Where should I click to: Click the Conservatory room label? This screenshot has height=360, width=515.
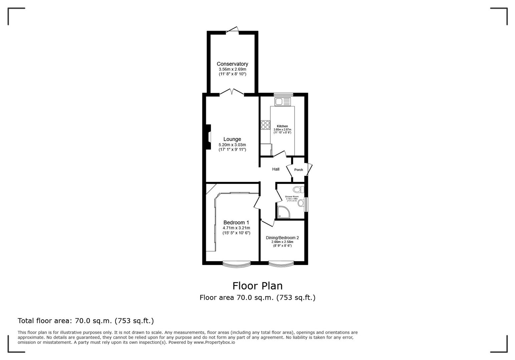coord(232,64)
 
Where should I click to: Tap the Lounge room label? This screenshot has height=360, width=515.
coord(232,139)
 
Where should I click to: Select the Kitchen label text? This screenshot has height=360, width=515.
coord(282,126)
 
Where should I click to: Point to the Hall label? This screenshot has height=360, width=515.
coord(276,169)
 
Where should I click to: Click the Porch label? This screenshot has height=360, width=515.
coord(299,170)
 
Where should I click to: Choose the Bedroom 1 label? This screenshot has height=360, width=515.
coord(236,222)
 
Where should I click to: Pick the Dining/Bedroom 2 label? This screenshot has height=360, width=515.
coord(282,238)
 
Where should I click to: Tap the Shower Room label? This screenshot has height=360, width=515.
coord(292,197)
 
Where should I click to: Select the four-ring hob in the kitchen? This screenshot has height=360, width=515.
coord(266,125)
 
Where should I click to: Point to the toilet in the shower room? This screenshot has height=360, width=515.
coord(298,190)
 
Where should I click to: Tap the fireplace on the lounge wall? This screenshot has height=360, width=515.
coord(208,137)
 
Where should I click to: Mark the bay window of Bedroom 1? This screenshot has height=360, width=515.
coord(236,265)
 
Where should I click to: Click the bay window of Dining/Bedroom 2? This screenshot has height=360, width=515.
coord(281,265)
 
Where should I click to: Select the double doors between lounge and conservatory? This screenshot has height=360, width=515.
coord(232,92)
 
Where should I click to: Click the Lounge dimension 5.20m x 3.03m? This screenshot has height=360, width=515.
coord(232,145)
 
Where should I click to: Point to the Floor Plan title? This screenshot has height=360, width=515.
coord(257,286)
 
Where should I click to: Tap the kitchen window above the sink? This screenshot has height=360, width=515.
coord(283,94)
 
